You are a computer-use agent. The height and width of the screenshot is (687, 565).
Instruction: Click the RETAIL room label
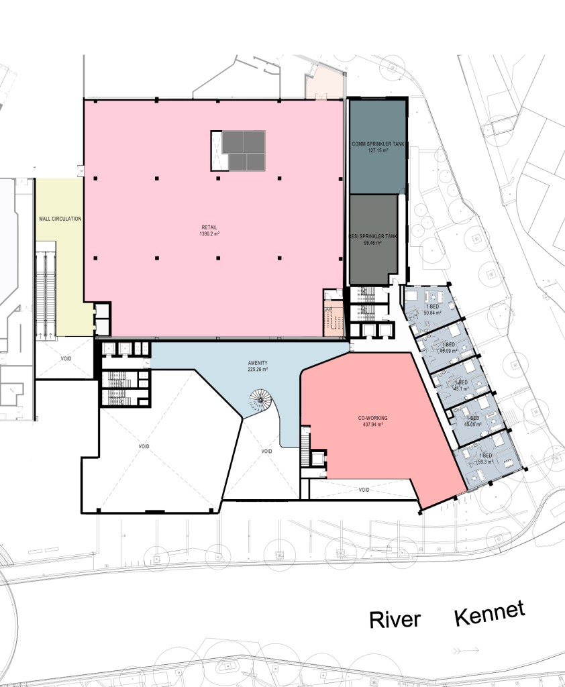coord(205,227)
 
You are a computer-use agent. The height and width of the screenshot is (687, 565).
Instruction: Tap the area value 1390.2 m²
coord(205,235)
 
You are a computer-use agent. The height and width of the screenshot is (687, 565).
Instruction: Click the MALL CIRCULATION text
coord(60,219)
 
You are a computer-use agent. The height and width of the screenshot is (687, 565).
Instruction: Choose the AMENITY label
coord(258,362)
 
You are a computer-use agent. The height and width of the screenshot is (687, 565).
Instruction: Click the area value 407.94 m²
coord(373,425)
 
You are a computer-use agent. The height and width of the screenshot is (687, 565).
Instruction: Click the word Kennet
coord(489,614)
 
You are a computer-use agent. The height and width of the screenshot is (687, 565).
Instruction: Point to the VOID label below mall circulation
coord(66,358)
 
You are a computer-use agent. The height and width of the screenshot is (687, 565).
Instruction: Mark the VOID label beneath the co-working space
coord(364,490)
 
